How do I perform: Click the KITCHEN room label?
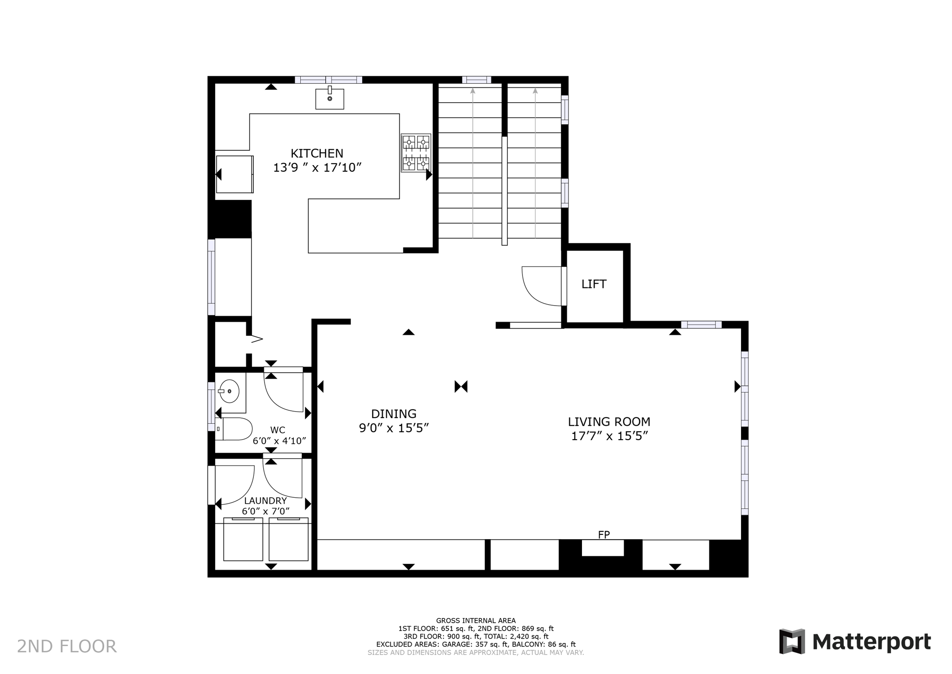(x=317, y=153)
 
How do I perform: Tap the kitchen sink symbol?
(x=330, y=99)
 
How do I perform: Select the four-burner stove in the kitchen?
(x=416, y=153)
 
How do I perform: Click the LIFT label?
(x=594, y=284)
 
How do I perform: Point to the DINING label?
(x=393, y=414)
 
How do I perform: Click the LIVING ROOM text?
(x=609, y=421)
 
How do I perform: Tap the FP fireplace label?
(x=603, y=535)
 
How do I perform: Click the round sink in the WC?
(x=229, y=391)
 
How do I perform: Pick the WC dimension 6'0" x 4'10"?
(x=279, y=440)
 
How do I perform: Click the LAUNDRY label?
(x=265, y=500)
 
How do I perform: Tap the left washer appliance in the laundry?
(x=243, y=540)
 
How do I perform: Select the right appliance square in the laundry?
(x=288, y=540)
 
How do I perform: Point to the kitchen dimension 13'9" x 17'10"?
(x=317, y=167)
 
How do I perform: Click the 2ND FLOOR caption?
(x=66, y=646)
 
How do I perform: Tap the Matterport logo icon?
(x=792, y=641)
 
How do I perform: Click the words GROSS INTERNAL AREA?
(x=476, y=620)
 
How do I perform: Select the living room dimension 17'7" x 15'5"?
(x=609, y=436)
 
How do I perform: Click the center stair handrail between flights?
(x=504, y=191)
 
